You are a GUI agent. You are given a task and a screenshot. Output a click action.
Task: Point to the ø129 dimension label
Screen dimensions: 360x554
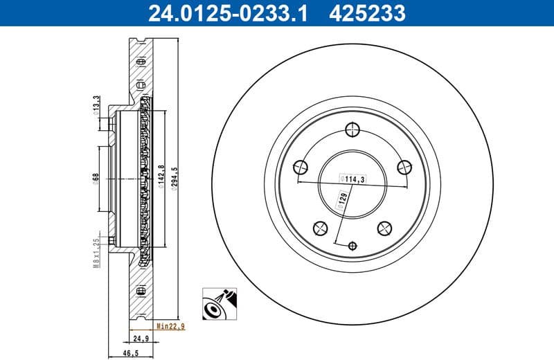(342, 200)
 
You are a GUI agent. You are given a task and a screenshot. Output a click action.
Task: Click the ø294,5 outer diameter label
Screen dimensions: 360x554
(175, 179)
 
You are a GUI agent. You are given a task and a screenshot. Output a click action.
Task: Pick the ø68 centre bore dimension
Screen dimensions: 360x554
(96, 179)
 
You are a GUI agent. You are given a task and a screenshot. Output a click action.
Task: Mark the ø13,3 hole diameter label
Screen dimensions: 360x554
(96, 105)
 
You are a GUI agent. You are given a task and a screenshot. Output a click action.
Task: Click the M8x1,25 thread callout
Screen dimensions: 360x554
(96, 253)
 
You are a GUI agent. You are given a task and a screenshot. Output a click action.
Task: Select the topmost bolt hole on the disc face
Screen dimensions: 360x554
(352, 129)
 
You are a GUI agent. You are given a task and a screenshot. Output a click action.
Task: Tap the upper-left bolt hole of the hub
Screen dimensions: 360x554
(301, 166)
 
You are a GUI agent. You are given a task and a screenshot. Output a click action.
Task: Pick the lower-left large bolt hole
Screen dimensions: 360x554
(320, 227)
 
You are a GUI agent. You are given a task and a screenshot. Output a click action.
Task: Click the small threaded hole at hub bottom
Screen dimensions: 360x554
(352, 245)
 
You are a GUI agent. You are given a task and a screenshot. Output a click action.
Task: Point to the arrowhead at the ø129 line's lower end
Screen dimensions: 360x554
(336, 242)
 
